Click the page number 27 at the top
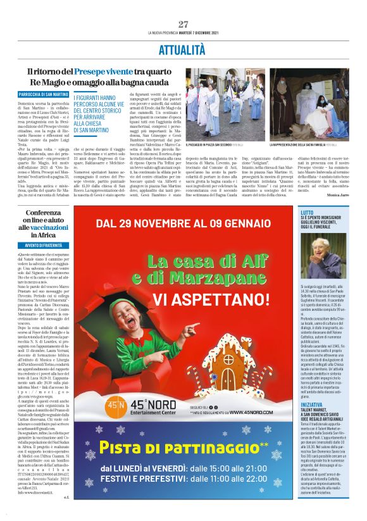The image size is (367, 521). coord(183,24)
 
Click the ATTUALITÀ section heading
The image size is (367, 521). coord(183,49)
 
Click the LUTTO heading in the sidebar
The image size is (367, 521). coord(324,213)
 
